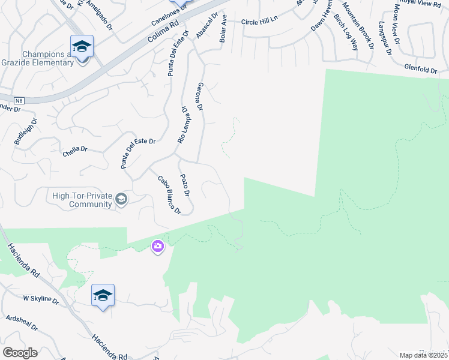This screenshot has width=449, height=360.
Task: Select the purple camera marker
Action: tap(158, 246)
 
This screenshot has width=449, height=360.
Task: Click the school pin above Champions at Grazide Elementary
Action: tap(82, 46)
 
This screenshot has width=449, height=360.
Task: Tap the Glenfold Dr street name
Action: tap(420, 70)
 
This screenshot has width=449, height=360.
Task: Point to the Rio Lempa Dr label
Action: tap(182, 125)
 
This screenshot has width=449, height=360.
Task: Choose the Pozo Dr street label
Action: tap(185, 185)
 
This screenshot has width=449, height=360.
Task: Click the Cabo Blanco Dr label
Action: tap(169, 194)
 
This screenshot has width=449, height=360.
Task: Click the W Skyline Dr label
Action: tap(41, 298)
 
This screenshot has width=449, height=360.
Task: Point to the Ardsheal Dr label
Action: tap(22, 324)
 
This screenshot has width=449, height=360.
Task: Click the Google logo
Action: tap(20, 353)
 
